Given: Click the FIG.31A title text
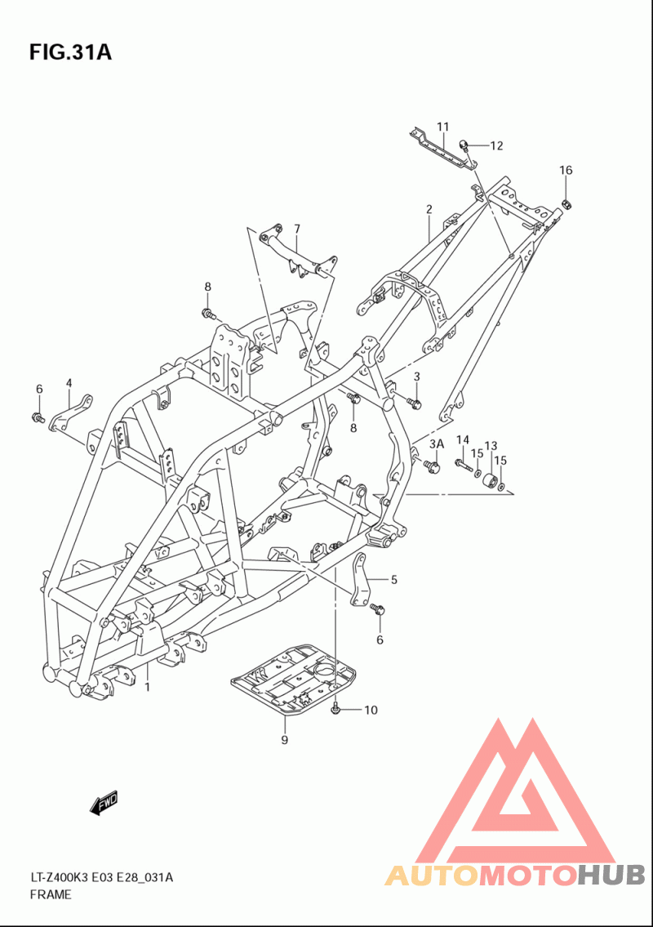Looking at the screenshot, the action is pyautogui.click(x=70, y=52).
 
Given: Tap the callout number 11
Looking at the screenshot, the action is pyautogui.click(x=443, y=127).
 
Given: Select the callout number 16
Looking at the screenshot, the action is pyautogui.click(x=566, y=170).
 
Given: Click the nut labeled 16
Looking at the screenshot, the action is pyautogui.click(x=566, y=205).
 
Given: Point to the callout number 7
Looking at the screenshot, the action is pyautogui.click(x=296, y=229).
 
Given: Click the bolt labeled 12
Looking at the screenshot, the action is pyautogui.click(x=465, y=145).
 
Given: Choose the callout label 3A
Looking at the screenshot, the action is pyautogui.click(x=436, y=443).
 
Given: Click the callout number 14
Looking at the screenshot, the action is pyautogui.click(x=463, y=439).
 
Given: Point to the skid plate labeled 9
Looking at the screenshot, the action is pyautogui.click(x=294, y=679).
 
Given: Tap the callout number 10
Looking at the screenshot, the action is pyautogui.click(x=371, y=710).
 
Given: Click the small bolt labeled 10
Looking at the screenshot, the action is pyautogui.click(x=335, y=708).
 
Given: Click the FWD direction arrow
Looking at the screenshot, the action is pyautogui.click(x=104, y=803).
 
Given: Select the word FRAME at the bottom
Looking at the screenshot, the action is pyautogui.click(x=51, y=894).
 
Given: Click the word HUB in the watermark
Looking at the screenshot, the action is pyautogui.click(x=611, y=875).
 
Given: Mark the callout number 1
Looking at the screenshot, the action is pyautogui.click(x=147, y=686).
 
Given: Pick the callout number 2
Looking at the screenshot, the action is pyautogui.click(x=429, y=209).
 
